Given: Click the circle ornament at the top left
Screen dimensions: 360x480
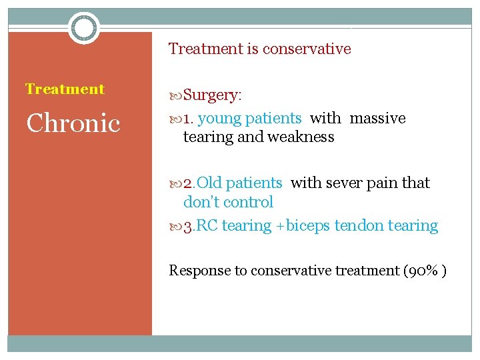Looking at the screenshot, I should (x=84, y=28).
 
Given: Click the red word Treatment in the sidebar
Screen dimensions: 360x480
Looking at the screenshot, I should (x=65, y=89).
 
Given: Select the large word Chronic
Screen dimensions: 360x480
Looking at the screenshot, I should (x=73, y=123).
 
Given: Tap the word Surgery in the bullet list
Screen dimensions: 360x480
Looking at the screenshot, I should (x=211, y=95).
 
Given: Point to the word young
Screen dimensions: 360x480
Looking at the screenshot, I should (x=219, y=119).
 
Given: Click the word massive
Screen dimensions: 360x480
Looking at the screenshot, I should (x=377, y=119).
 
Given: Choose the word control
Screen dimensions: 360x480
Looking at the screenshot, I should (x=250, y=202).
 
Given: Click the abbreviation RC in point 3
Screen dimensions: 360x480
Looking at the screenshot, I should (x=207, y=226).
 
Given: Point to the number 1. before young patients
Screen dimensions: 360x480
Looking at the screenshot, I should (x=189, y=119).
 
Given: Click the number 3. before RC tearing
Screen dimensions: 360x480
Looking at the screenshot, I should (x=189, y=226).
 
